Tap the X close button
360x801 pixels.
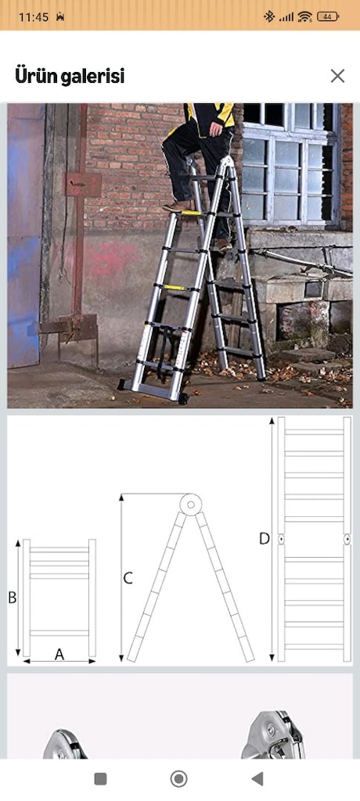tap(337, 76)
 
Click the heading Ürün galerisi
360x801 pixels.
tap(70, 77)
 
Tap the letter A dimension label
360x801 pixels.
tap(59, 653)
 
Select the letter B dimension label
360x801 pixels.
tap(13, 597)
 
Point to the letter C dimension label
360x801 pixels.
tap(128, 578)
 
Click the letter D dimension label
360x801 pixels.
tap(264, 538)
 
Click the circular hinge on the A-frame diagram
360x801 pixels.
tap(190, 505)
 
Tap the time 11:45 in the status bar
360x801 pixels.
tap(34, 17)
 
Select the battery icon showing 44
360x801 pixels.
tap(328, 17)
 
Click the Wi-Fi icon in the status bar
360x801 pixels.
tap(304, 17)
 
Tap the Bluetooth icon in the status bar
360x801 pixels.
tap(269, 17)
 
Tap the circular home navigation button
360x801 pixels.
tap(178, 778)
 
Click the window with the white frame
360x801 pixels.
tap(290, 164)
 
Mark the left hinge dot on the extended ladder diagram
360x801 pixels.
tap(282, 539)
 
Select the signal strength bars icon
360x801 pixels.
tap(286, 17)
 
